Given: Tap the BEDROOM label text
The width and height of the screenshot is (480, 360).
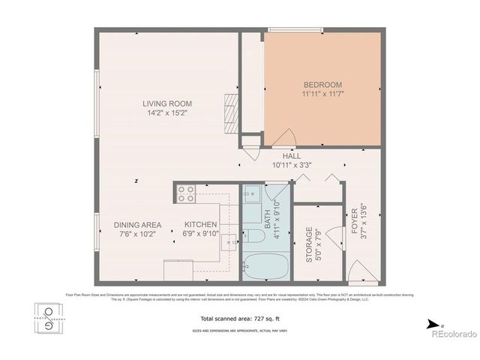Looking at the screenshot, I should click(x=322, y=84).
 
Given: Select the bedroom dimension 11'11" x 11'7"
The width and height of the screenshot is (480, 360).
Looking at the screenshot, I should click(x=322, y=94).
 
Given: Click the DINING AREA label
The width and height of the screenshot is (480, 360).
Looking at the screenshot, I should click(x=138, y=224).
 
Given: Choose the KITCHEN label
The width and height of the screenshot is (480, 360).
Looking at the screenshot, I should click(x=200, y=224).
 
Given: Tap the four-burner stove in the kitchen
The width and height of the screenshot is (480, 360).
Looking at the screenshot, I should click(x=186, y=194).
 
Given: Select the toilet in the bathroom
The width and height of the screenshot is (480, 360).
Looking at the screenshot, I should click(x=253, y=237).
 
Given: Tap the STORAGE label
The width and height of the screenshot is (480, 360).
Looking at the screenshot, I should click(x=308, y=244).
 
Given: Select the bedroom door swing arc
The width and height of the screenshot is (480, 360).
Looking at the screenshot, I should click(x=283, y=137).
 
